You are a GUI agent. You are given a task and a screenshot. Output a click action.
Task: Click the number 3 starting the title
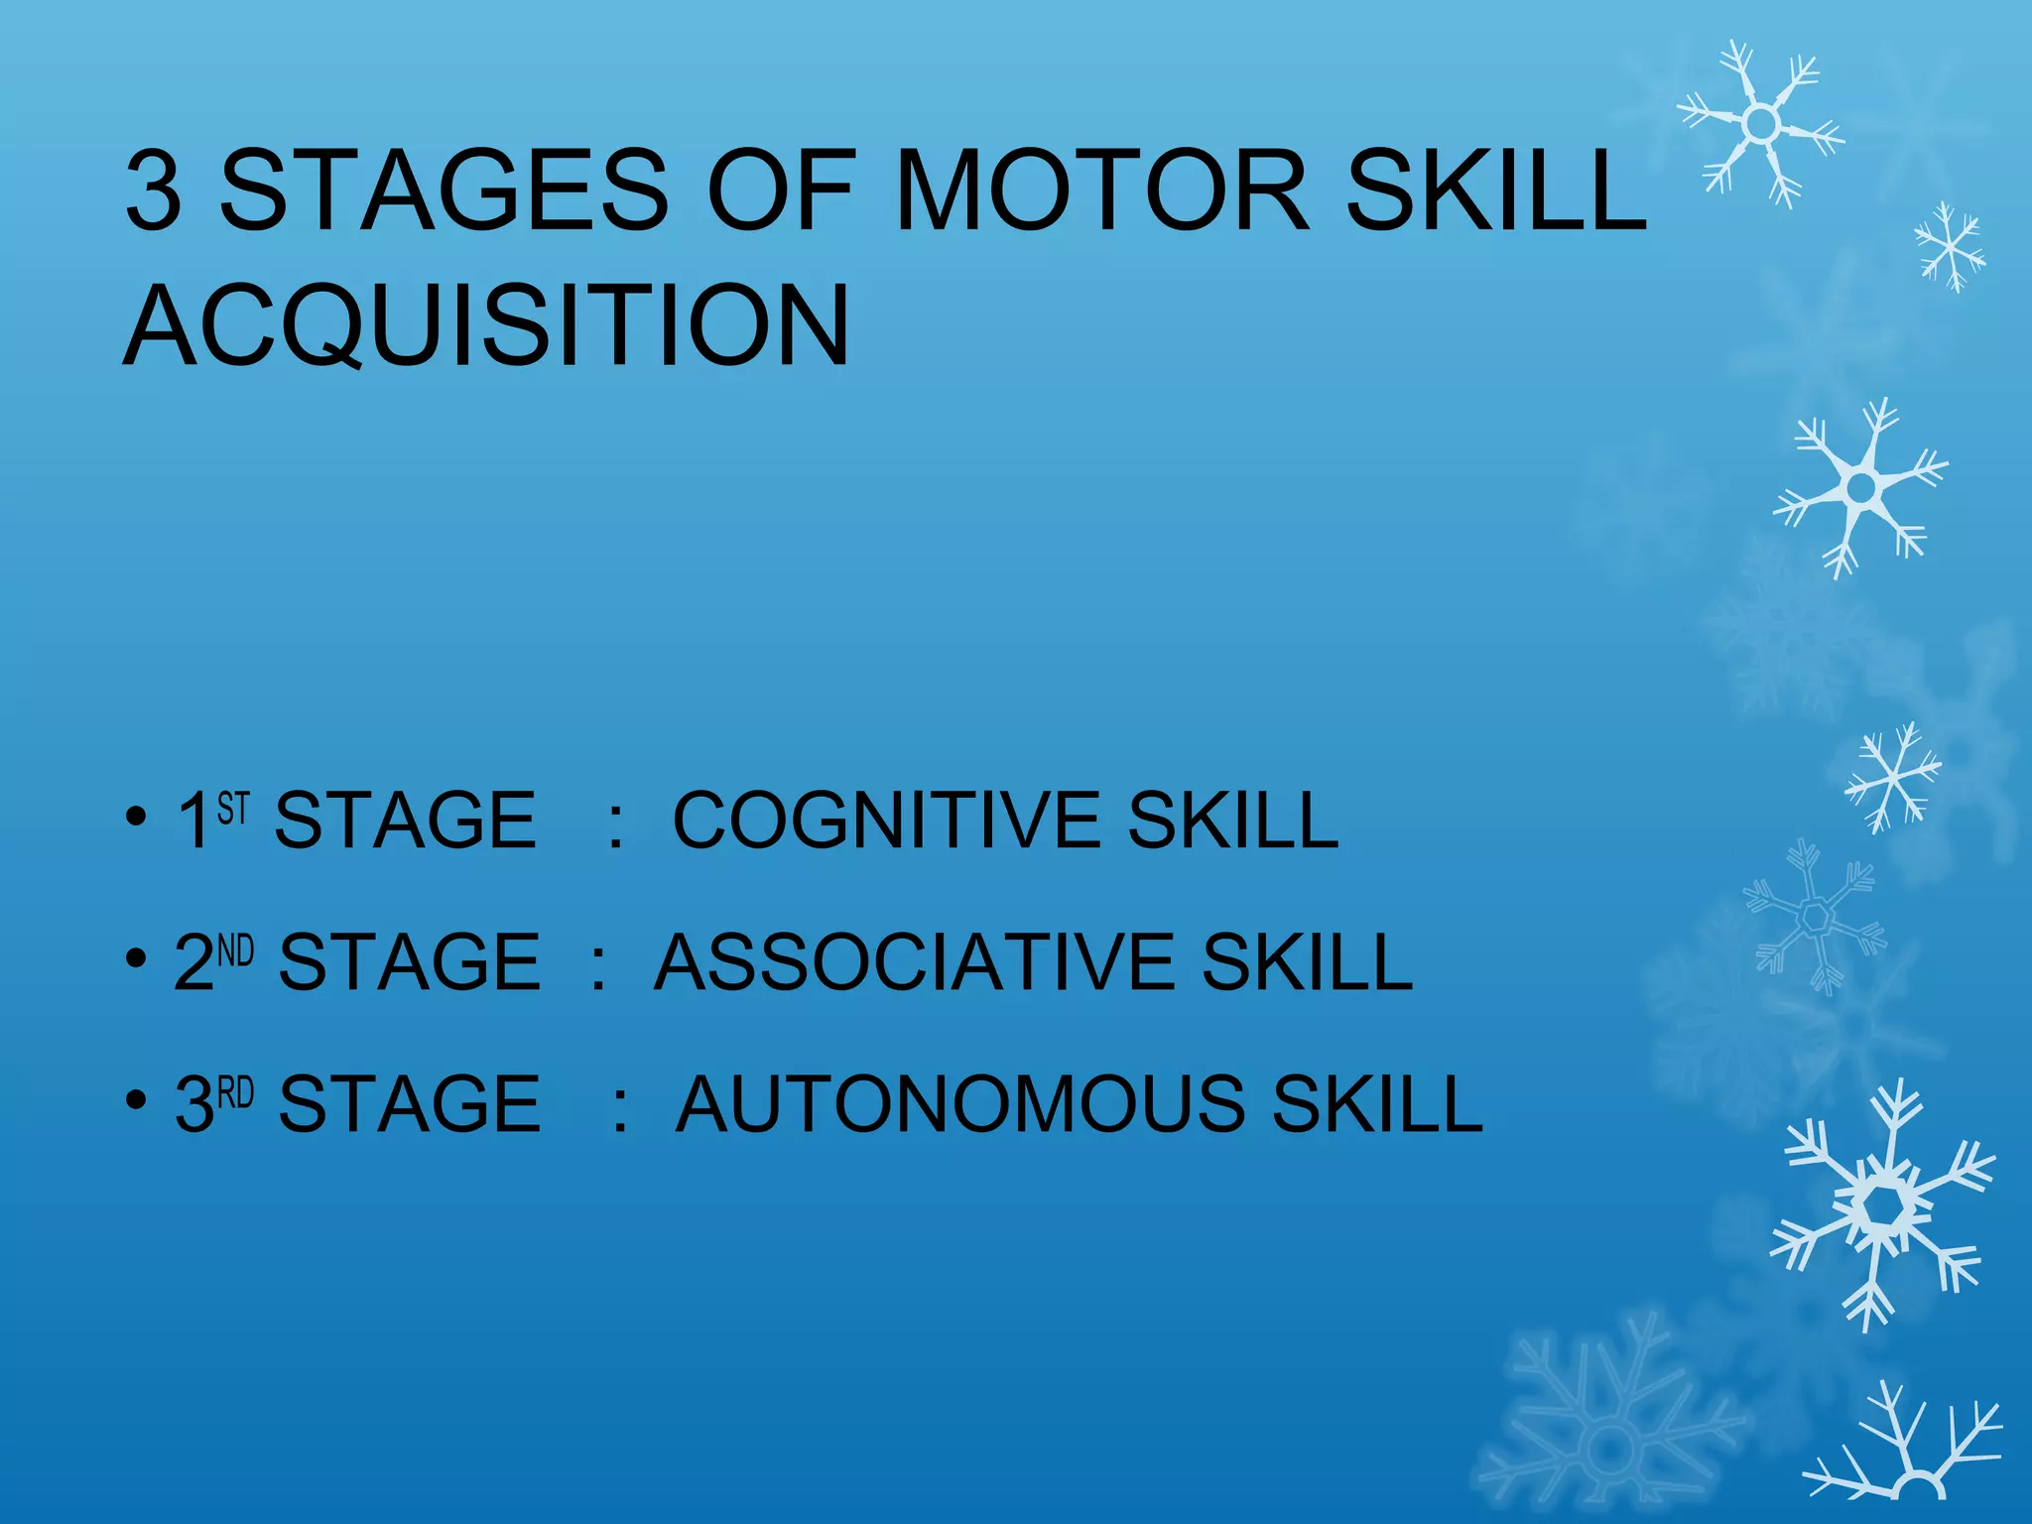pyautogui.click(x=155, y=190)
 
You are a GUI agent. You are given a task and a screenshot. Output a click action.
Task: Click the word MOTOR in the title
pyautogui.click(x=1101, y=190)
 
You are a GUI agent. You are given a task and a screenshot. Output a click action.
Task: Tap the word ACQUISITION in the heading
pyautogui.click(x=486, y=325)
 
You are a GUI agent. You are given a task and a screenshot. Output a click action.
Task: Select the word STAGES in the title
pyautogui.click(x=444, y=190)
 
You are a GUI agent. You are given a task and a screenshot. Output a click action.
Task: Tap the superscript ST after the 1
pyautogui.click(x=233, y=808)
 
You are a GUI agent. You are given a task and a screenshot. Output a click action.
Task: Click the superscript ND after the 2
pyautogui.click(x=236, y=951)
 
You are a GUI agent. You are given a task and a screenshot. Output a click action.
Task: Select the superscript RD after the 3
pyautogui.click(x=236, y=1092)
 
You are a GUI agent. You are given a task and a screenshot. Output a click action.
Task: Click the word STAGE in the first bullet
pyautogui.click(x=405, y=821)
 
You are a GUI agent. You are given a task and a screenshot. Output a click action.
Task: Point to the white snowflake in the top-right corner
pyautogui.click(x=1760, y=123)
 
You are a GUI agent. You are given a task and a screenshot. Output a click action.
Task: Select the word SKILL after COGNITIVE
pyautogui.click(x=1232, y=821)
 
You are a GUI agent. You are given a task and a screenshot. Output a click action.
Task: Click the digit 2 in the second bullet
pyautogui.click(x=193, y=962)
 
